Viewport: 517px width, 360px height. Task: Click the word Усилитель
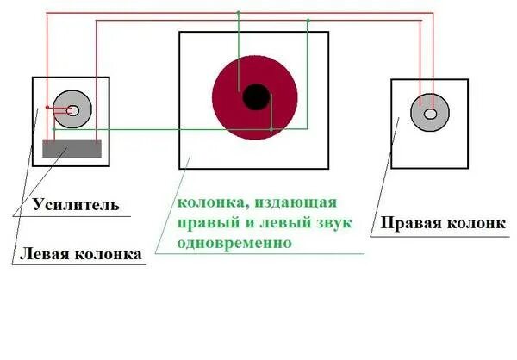(x=75, y=206)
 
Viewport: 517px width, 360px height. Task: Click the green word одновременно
(x=234, y=243)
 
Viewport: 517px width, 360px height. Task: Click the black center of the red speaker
(x=255, y=97)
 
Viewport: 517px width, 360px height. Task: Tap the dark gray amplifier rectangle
(x=72, y=148)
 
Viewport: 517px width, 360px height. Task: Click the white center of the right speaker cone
(x=430, y=112)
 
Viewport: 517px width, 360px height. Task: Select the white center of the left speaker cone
(x=73, y=110)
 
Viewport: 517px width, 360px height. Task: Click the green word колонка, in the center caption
(x=207, y=203)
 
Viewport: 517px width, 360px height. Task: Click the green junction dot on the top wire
(x=239, y=13)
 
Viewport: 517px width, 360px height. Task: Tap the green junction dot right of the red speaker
(x=271, y=130)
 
